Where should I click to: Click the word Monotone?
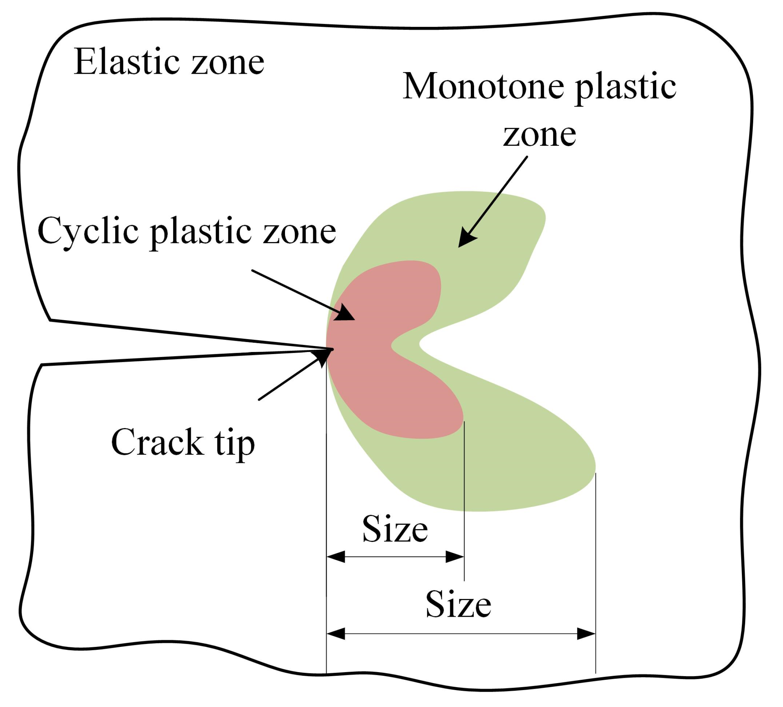483,86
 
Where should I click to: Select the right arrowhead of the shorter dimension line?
455,557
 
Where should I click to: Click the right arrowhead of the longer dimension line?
586,634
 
